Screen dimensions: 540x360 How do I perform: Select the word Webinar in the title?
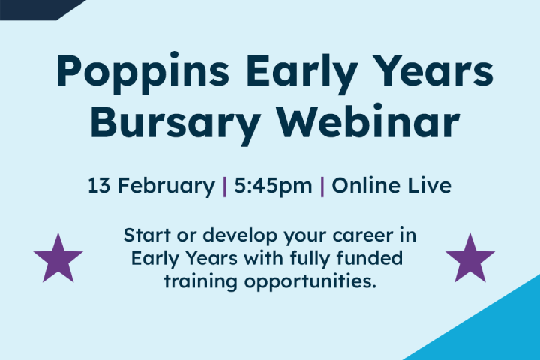pyautogui.click(x=369, y=120)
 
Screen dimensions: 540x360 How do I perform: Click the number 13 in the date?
pyautogui.click(x=99, y=185)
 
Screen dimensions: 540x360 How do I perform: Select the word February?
pyautogui.click(x=166, y=187)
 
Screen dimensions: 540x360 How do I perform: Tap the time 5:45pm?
pyautogui.click(x=273, y=187)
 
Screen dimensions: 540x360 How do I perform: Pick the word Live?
pyautogui.click(x=430, y=185)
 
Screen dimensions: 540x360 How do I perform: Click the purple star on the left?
pyautogui.click(x=58, y=259)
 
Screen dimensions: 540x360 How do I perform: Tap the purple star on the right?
pyautogui.click(x=470, y=259)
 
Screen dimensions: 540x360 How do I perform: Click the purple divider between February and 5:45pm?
pyautogui.click(x=225, y=186)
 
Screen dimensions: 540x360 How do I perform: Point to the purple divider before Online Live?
pyautogui.click(x=322, y=186)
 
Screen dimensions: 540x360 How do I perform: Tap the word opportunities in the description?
pyautogui.click(x=310, y=282)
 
